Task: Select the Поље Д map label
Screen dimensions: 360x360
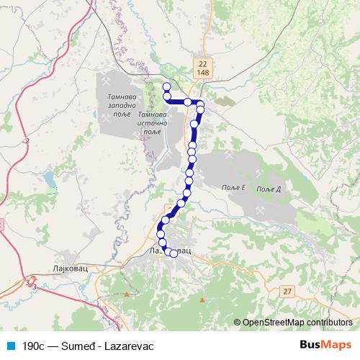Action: click(267, 188)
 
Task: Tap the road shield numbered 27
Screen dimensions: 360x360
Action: click(288, 291)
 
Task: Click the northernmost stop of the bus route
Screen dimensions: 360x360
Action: click(166, 87)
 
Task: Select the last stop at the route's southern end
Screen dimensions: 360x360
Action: click(174, 253)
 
